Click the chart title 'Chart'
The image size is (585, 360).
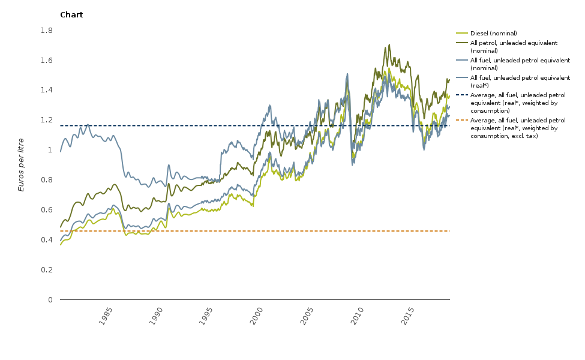[71, 15]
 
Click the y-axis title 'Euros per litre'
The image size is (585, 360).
[22, 164]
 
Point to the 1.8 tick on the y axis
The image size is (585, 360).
[47, 31]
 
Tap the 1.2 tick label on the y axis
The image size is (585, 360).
[47, 120]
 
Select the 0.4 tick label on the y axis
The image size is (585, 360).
[47, 240]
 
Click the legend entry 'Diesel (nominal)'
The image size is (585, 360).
[494, 34]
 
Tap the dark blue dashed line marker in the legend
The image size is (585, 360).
[461, 95]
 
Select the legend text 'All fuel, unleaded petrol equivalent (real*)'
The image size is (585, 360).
[520, 82]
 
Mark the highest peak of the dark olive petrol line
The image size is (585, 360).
[389, 44]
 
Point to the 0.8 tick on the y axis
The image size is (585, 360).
[47, 180]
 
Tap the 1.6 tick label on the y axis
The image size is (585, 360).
[47, 61]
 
